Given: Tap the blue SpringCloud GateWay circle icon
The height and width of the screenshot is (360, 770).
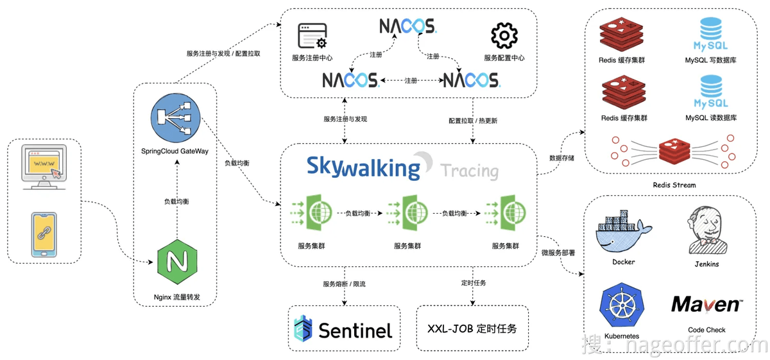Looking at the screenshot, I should pyautogui.click(x=175, y=119).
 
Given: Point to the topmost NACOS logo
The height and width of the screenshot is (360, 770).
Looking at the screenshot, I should pyautogui.click(x=408, y=26).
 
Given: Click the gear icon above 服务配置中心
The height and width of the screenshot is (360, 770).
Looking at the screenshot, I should pyautogui.click(x=504, y=36).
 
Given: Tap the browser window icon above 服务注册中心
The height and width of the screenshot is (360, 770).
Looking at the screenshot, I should pyautogui.click(x=312, y=36).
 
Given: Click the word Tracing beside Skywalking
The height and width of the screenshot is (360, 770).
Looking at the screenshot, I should pyautogui.click(x=469, y=171).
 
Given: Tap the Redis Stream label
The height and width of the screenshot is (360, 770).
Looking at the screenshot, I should pyautogui.click(x=674, y=185).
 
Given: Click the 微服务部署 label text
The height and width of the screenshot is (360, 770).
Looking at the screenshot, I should pyautogui.click(x=558, y=253).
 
